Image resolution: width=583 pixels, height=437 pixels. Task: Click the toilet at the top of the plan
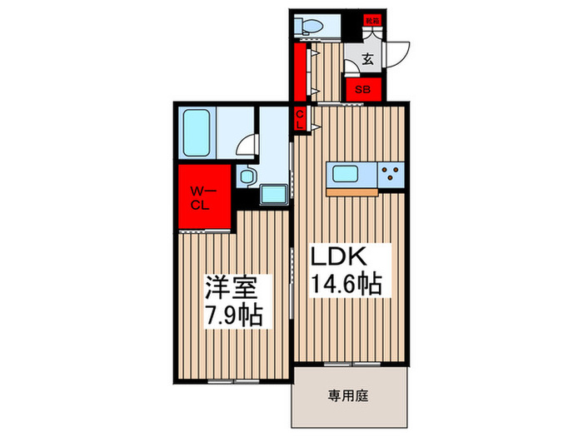pyautogui.click(x=312, y=24)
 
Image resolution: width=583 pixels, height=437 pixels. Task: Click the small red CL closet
pyautogui.click(x=301, y=117)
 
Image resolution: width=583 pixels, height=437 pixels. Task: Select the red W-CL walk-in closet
pyautogui.click(x=203, y=197)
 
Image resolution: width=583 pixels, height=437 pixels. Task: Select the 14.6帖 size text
pyautogui.click(x=346, y=285)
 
